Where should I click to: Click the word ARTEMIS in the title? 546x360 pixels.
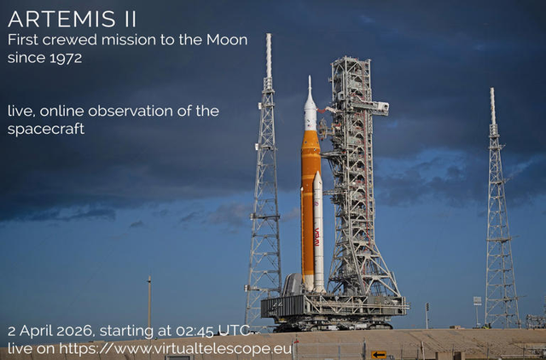pos(61,20)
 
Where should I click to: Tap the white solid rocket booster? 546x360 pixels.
pos(318,230)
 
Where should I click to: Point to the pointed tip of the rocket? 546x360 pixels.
pos(310,78)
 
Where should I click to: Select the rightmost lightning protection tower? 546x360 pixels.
pos(500,230)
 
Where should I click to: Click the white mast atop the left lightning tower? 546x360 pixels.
pos(268,55)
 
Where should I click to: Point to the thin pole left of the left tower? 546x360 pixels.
pos(149,303)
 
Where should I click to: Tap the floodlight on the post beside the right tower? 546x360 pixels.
pos(477,300)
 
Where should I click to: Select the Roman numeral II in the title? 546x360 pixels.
pos(126,20)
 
